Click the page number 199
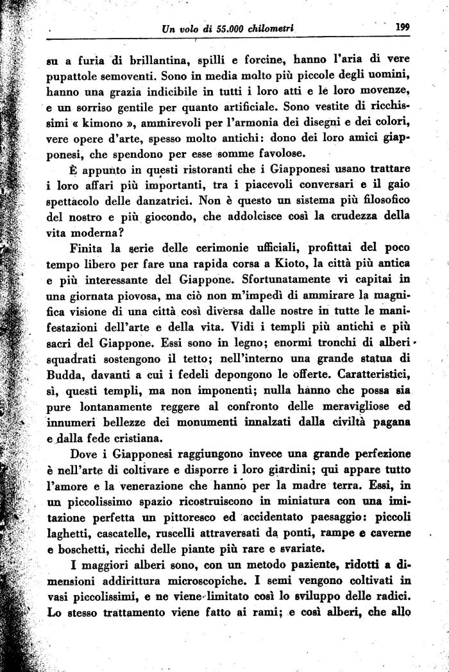coord(403,28)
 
